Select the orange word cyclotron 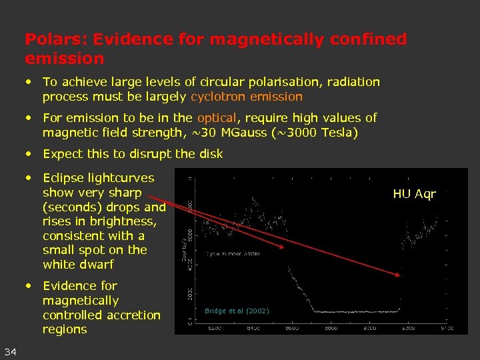pos(217,97)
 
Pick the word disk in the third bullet pos(209,153)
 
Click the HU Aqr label pos(414,194)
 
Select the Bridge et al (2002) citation pos(237,311)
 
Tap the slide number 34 pos(11,351)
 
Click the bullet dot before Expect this pos(29,153)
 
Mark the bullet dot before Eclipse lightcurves pos(29,178)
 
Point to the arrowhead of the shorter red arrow pos(285,248)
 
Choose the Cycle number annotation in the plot pos(234,254)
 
